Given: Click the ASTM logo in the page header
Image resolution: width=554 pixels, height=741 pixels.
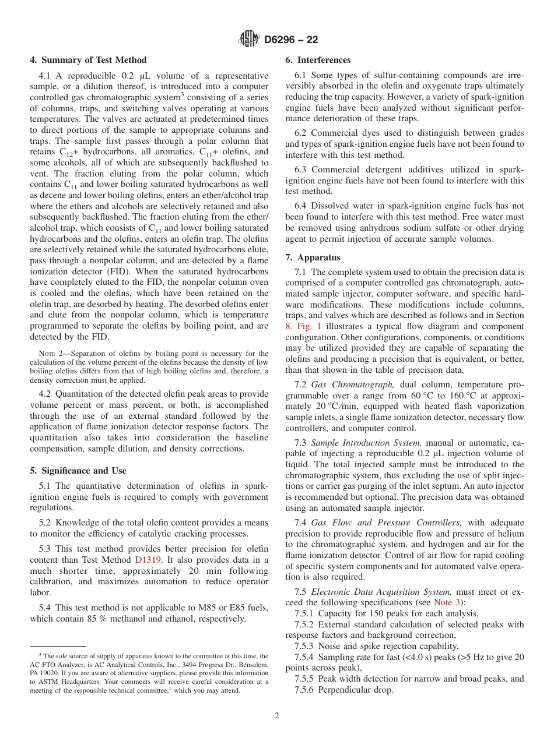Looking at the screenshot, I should [x=249, y=40].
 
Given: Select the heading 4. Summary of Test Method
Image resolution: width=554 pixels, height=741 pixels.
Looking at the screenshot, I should [x=88, y=60].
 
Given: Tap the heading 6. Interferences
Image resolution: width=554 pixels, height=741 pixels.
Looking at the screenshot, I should [x=318, y=60].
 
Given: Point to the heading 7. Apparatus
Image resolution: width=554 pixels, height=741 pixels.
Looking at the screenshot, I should [x=313, y=257].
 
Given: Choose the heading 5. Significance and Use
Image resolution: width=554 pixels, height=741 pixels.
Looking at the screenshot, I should [x=78, y=471].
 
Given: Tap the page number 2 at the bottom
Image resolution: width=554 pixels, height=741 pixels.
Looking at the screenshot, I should [x=277, y=716].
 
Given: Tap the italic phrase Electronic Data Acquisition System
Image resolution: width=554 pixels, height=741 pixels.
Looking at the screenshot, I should [x=373, y=592].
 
